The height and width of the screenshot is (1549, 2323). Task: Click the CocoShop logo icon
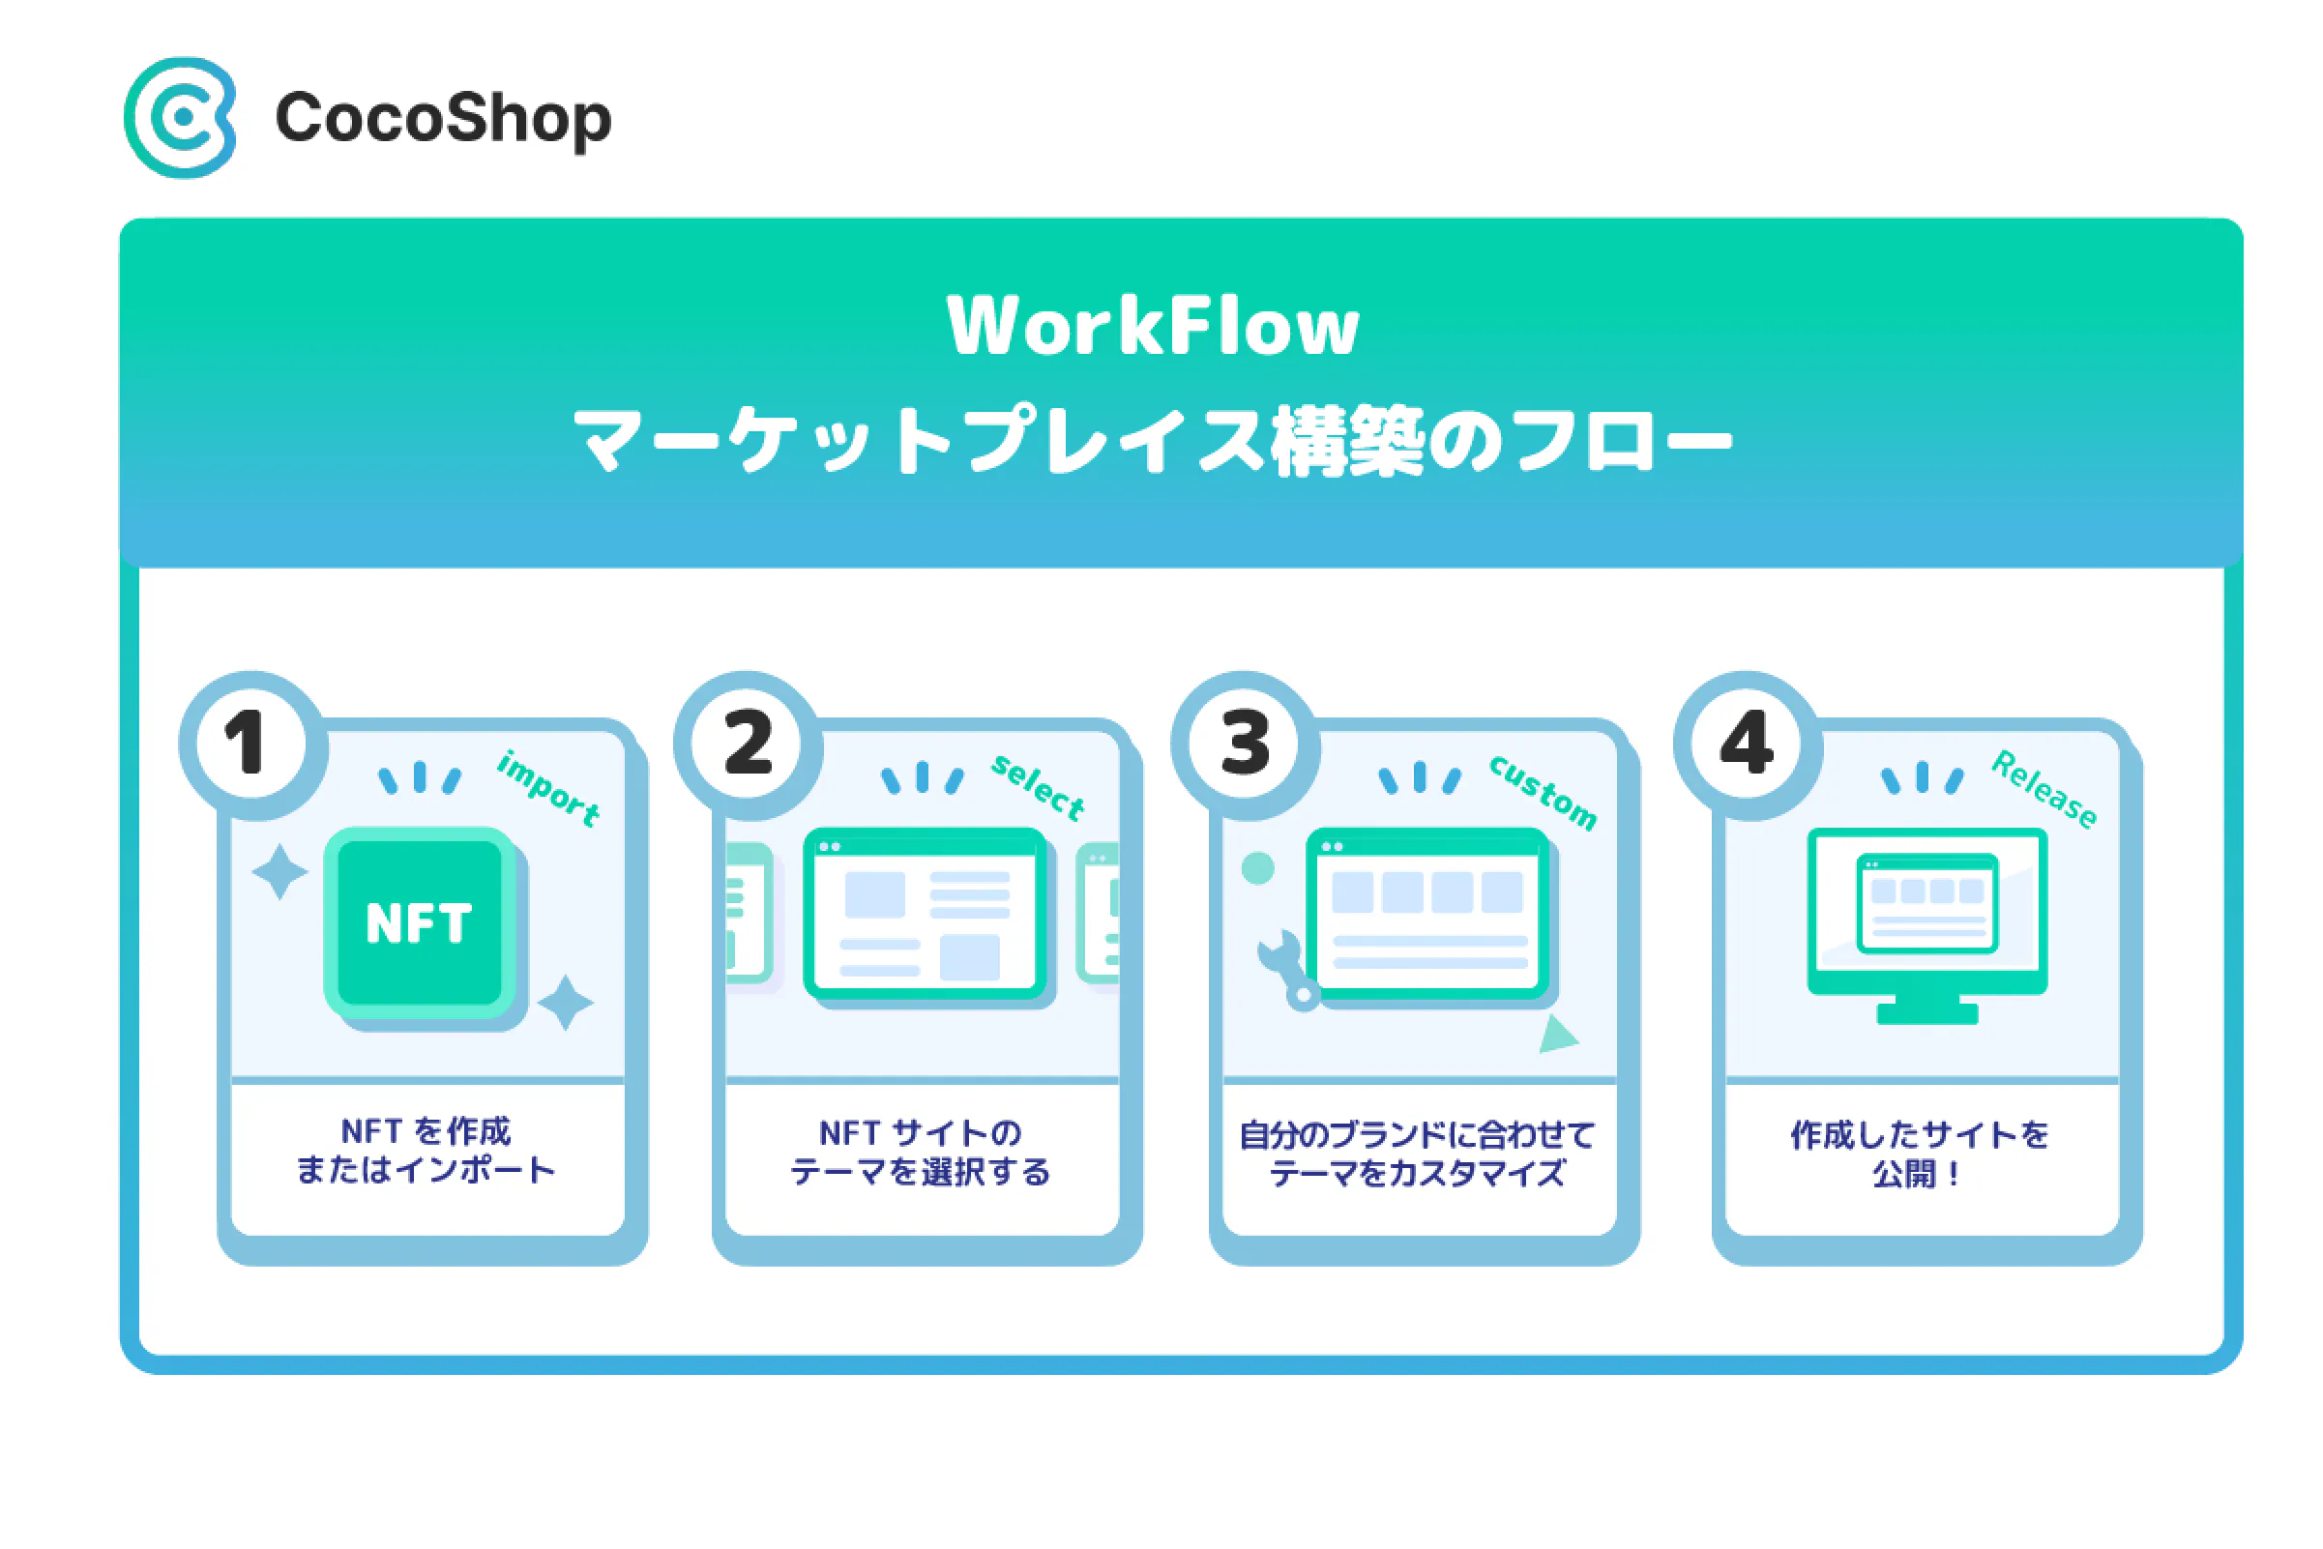(180, 118)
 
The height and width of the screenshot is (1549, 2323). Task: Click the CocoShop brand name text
(444, 120)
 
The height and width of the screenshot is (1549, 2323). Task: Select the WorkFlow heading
(1152, 325)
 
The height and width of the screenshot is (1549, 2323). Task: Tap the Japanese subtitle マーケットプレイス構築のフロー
(1152, 441)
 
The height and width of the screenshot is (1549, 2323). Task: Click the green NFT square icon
(420, 922)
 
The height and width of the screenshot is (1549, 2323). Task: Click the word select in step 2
(1039, 787)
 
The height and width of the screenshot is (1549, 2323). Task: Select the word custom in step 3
(1544, 792)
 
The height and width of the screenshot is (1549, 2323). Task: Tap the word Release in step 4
(2044, 789)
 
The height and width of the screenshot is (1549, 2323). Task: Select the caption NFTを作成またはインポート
(426, 1150)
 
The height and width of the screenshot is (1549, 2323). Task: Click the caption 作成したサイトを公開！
(1919, 1153)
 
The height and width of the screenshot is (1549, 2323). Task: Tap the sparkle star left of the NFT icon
(279, 871)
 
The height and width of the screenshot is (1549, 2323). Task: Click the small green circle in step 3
(1257, 868)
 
